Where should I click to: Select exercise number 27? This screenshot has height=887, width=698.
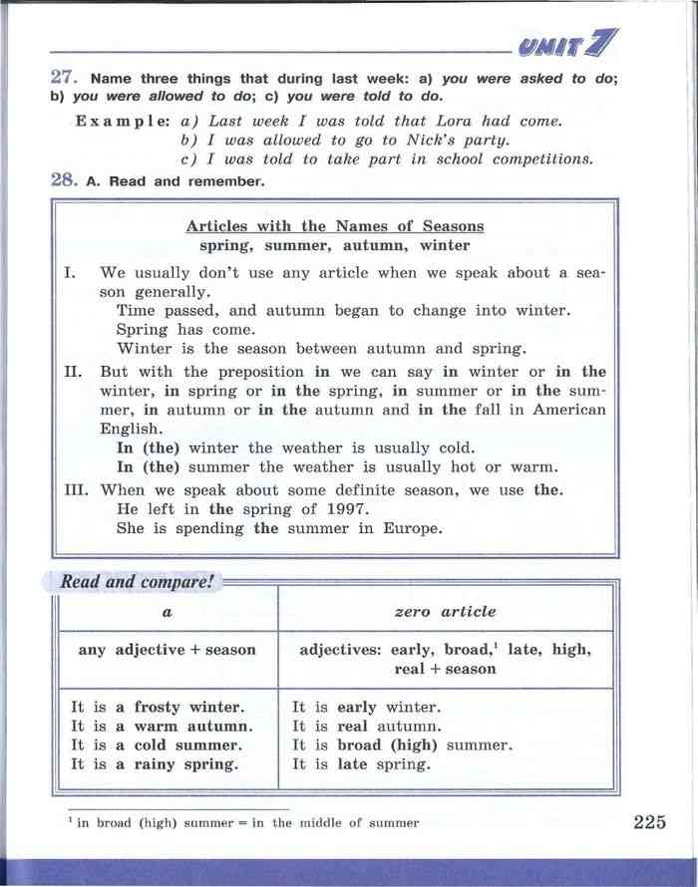click(64, 78)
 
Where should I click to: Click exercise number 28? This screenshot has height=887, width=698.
click(64, 180)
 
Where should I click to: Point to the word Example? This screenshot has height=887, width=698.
click(123, 121)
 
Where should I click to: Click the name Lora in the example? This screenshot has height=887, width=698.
click(453, 121)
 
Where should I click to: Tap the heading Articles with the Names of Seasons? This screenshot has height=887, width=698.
click(335, 226)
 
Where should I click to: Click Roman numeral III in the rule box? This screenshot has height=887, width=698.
click(75, 490)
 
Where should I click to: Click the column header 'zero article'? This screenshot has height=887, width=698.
click(445, 612)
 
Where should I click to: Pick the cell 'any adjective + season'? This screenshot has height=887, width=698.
click(168, 650)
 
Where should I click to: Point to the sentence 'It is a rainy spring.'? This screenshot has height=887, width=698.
click(155, 764)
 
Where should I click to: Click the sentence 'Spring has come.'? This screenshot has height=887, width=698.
click(185, 330)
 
